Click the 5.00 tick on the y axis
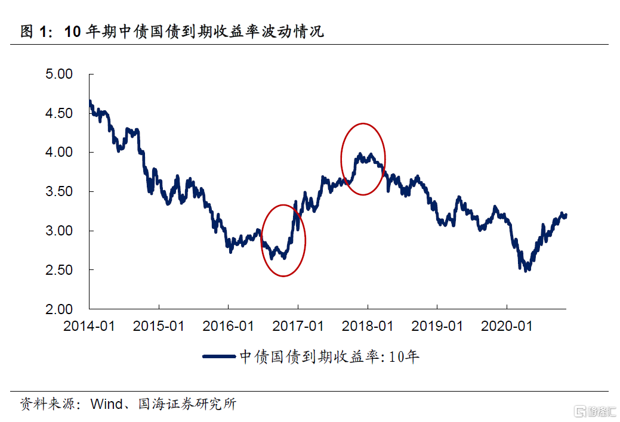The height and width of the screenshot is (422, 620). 59,75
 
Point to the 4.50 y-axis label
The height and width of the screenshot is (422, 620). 59,113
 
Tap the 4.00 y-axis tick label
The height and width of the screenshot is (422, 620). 59,153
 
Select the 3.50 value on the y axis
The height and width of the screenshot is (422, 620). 59,192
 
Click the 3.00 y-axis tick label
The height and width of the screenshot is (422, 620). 59,231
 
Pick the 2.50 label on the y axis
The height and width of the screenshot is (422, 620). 59,270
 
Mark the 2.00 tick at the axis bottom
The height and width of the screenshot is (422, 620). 59,309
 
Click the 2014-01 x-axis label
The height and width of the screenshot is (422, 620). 90,327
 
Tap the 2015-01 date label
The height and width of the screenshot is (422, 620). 159,327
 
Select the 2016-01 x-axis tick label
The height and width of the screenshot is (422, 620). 229,327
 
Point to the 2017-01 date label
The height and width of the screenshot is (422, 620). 298,327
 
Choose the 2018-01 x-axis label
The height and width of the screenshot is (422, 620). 368,327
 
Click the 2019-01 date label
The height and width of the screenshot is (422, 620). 437,327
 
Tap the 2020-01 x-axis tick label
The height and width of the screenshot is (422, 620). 507,327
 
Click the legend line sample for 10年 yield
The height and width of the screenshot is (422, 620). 219,356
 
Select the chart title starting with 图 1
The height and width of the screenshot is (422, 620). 172,32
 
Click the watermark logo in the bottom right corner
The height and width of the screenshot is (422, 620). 593,410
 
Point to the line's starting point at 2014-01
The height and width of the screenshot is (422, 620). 90,102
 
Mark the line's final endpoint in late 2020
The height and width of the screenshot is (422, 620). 565,215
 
